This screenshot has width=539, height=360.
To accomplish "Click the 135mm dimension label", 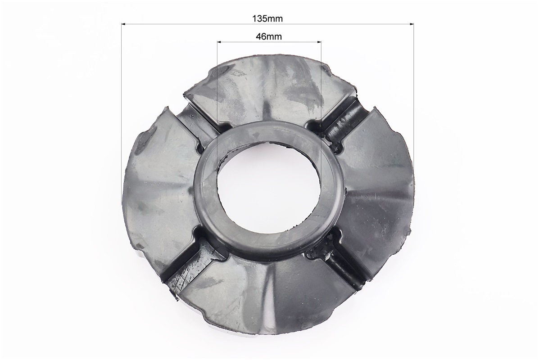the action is pos(267,18).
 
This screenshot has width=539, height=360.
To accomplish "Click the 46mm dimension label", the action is pos(269,36).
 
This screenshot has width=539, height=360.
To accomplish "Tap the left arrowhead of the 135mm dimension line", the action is pos(124,24).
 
